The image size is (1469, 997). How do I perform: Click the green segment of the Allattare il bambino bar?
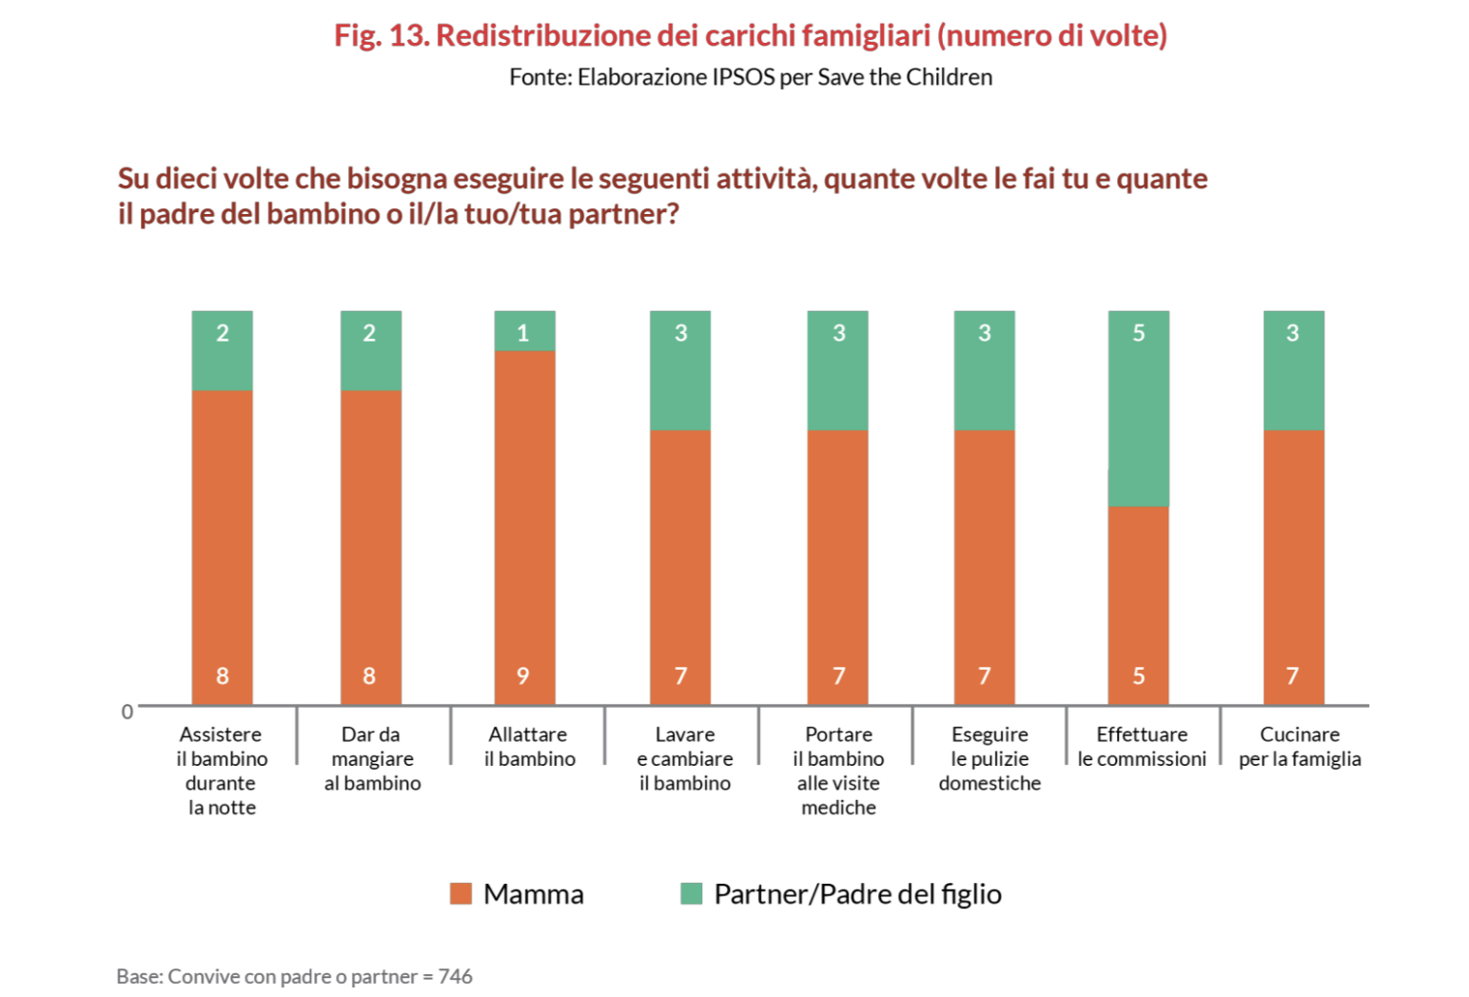click(524, 331)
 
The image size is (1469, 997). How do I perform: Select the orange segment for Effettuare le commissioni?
click(1138, 604)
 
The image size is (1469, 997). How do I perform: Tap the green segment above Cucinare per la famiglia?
click(1293, 371)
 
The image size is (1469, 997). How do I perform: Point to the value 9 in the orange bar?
click(522, 675)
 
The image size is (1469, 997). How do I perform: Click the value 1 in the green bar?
click(522, 333)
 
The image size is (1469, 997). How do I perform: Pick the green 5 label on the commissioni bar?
click(1138, 333)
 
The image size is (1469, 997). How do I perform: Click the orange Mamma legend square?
click(460, 893)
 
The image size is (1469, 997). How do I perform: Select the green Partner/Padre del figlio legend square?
click(692, 893)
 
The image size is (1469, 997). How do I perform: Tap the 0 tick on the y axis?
click(127, 712)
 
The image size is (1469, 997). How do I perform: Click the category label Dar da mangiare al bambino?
click(372, 758)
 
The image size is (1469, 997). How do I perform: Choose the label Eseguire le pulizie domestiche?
click(989, 758)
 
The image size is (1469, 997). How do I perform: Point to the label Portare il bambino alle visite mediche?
click(838, 771)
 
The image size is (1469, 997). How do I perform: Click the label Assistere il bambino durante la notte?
click(221, 771)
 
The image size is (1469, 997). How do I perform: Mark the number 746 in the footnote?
click(455, 976)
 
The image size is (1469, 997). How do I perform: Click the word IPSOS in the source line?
click(743, 77)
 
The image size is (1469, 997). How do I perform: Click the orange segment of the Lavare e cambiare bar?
click(680, 566)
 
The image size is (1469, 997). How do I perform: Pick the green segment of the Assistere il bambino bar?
click(222, 351)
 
